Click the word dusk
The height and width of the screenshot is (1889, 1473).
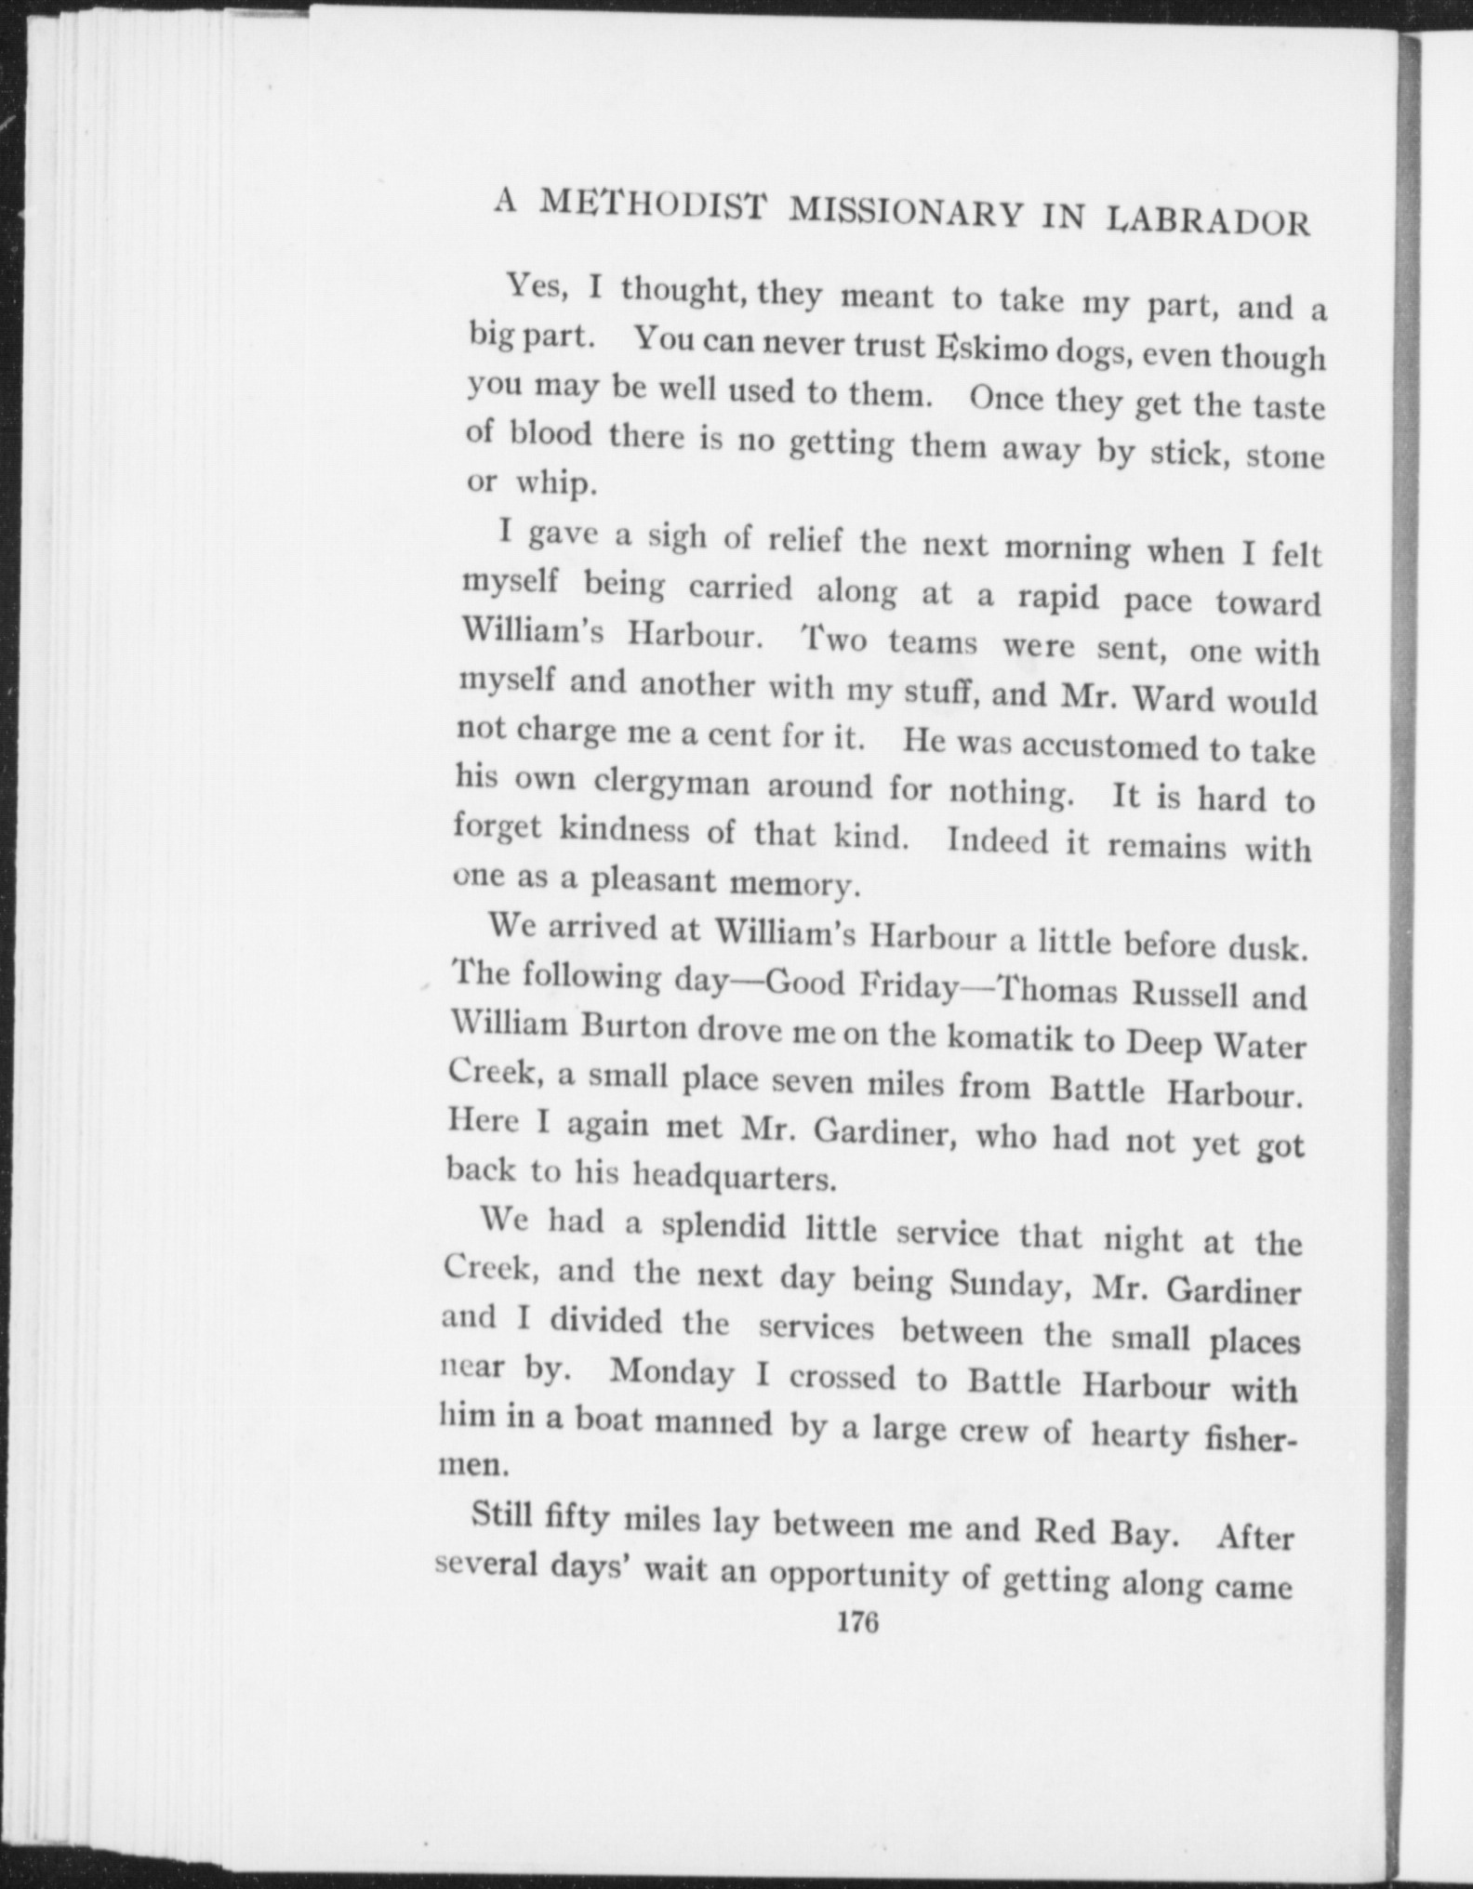point(1268,948)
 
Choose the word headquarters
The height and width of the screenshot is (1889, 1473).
point(735,1177)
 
